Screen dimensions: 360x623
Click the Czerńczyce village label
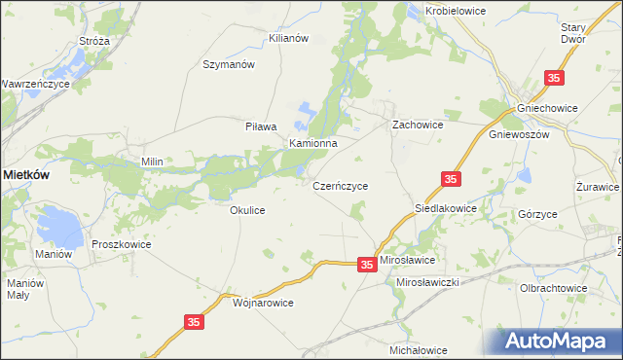(340, 185)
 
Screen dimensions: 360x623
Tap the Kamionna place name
(312, 143)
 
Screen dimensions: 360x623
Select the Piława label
(261, 126)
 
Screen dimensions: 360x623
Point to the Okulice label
(247, 210)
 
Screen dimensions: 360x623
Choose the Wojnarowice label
(264, 303)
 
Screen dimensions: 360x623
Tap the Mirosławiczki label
(428, 281)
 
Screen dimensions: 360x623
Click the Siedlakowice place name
(446, 208)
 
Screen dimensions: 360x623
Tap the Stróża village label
(93, 42)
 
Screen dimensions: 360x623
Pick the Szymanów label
(228, 64)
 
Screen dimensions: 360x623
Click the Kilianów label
(288, 38)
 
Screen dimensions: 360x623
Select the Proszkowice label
(122, 245)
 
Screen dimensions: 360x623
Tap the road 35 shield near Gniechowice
(554, 78)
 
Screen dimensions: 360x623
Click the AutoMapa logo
(559, 342)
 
